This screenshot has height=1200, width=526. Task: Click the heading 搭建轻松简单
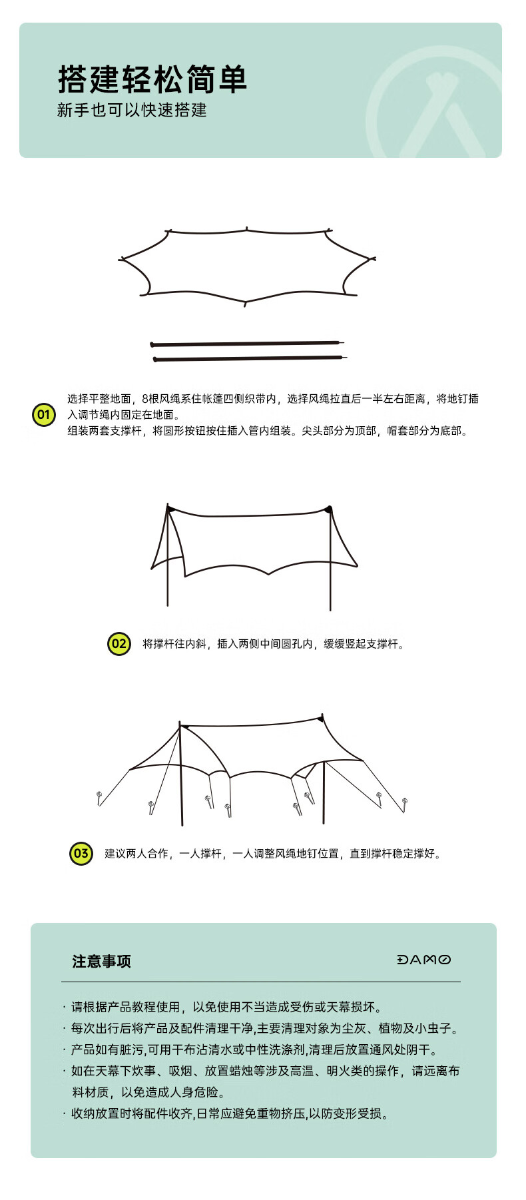152,80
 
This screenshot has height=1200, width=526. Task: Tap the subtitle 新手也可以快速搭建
132,110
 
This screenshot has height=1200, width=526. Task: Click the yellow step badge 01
44,415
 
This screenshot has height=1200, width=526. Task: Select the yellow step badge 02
119,644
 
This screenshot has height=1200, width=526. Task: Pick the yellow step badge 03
81,854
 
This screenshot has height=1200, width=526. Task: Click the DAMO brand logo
423,960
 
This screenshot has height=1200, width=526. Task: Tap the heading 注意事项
102,961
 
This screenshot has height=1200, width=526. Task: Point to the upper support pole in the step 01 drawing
247,344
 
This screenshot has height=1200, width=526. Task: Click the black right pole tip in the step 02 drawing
328,509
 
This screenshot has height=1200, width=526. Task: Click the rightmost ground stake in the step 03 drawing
405,805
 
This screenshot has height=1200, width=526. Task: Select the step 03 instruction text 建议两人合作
136,854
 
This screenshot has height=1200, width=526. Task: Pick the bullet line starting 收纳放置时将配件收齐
226,1113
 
